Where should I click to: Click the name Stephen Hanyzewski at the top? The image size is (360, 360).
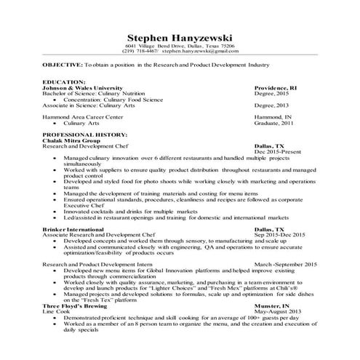coord(180,37)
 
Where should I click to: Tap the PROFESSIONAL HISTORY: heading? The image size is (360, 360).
coord(84,135)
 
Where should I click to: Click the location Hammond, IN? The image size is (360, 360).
coord(271,118)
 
